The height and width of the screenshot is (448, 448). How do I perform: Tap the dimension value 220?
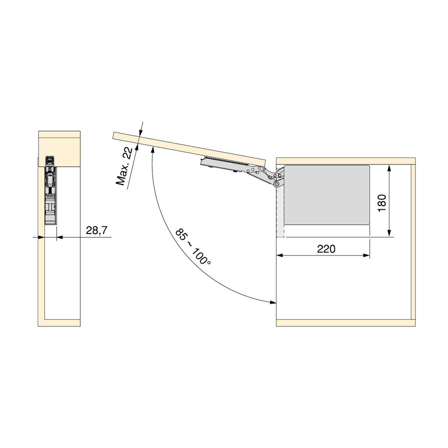326,249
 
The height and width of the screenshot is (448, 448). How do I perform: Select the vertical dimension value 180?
381,203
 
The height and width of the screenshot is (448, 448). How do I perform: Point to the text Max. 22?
125,167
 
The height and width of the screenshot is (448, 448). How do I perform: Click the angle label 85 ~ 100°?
193,246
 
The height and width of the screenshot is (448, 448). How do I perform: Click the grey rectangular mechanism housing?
327,195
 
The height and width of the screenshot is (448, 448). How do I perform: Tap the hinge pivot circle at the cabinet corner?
277,184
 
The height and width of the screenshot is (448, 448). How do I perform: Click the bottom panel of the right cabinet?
346,323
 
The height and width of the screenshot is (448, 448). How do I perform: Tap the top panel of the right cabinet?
346,161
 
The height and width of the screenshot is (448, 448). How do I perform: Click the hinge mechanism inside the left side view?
50,188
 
